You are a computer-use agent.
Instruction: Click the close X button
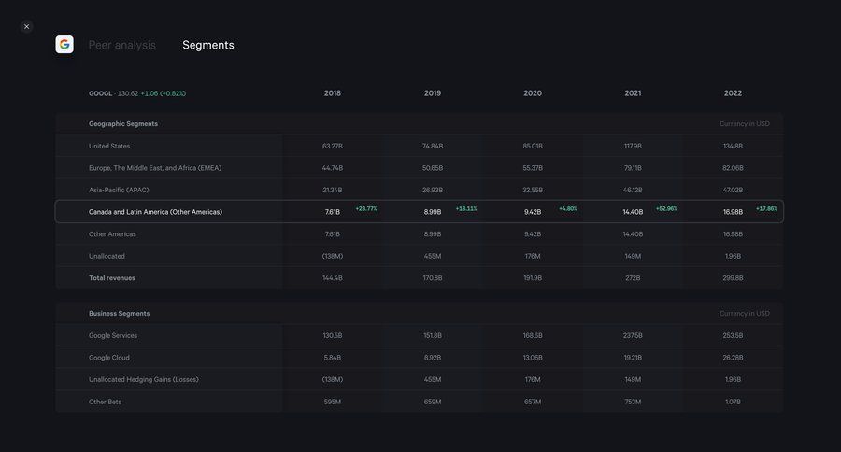pyautogui.click(x=26, y=26)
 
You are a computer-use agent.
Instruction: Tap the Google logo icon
pyautogui.click(x=64, y=44)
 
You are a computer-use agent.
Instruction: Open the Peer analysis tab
pyautogui.click(x=122, y=45)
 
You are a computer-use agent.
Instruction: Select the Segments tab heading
pyautogui.click(x=208, y=45)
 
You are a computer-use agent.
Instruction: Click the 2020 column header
pyautogui.click(x=533, y=93)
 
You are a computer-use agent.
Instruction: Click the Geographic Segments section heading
pyautogui.click(x=123, y=123)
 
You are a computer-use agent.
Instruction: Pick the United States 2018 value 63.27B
pyautogui.click(x=332, y=146)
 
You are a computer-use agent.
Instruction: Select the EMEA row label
pyautogui.click(x=155, y=168)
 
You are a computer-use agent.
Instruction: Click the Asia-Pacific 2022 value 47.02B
pyautogui.click(x=733, y=190)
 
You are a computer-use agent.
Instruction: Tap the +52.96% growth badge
pyautogui.click(x=666, y=208)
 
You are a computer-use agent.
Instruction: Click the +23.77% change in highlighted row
pyautogui.click(x=366, y=208)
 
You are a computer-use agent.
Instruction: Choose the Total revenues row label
pyautogui.click(x=112, y=277)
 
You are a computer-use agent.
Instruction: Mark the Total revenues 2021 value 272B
pyautogui.click(x=633, y=277)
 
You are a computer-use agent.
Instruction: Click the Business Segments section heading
pyautogui.click(x=120, y=313)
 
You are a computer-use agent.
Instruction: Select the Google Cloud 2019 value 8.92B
pyautogui.click(x=433, y=358)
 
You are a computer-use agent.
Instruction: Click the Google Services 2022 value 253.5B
pyautogui.click(x=733, y=335)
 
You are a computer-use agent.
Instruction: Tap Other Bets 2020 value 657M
pyautogui.click(x=533, y=402)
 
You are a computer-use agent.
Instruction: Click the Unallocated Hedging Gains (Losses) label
pyautogui.click(x=143, y=379)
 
